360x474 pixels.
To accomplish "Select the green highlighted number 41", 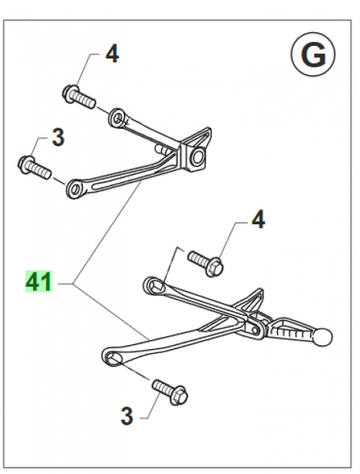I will [38, 281].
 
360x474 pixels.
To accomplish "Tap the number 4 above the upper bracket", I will [112, 55].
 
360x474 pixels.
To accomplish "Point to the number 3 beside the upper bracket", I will [57, 139].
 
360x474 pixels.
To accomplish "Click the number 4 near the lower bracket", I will [258, 220].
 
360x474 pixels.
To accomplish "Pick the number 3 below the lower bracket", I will [126, 414].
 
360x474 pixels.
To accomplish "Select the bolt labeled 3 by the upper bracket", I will [34, 167].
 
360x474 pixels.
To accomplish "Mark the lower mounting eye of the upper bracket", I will [77, 187].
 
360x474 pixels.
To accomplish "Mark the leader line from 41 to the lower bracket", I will [111, 312].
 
